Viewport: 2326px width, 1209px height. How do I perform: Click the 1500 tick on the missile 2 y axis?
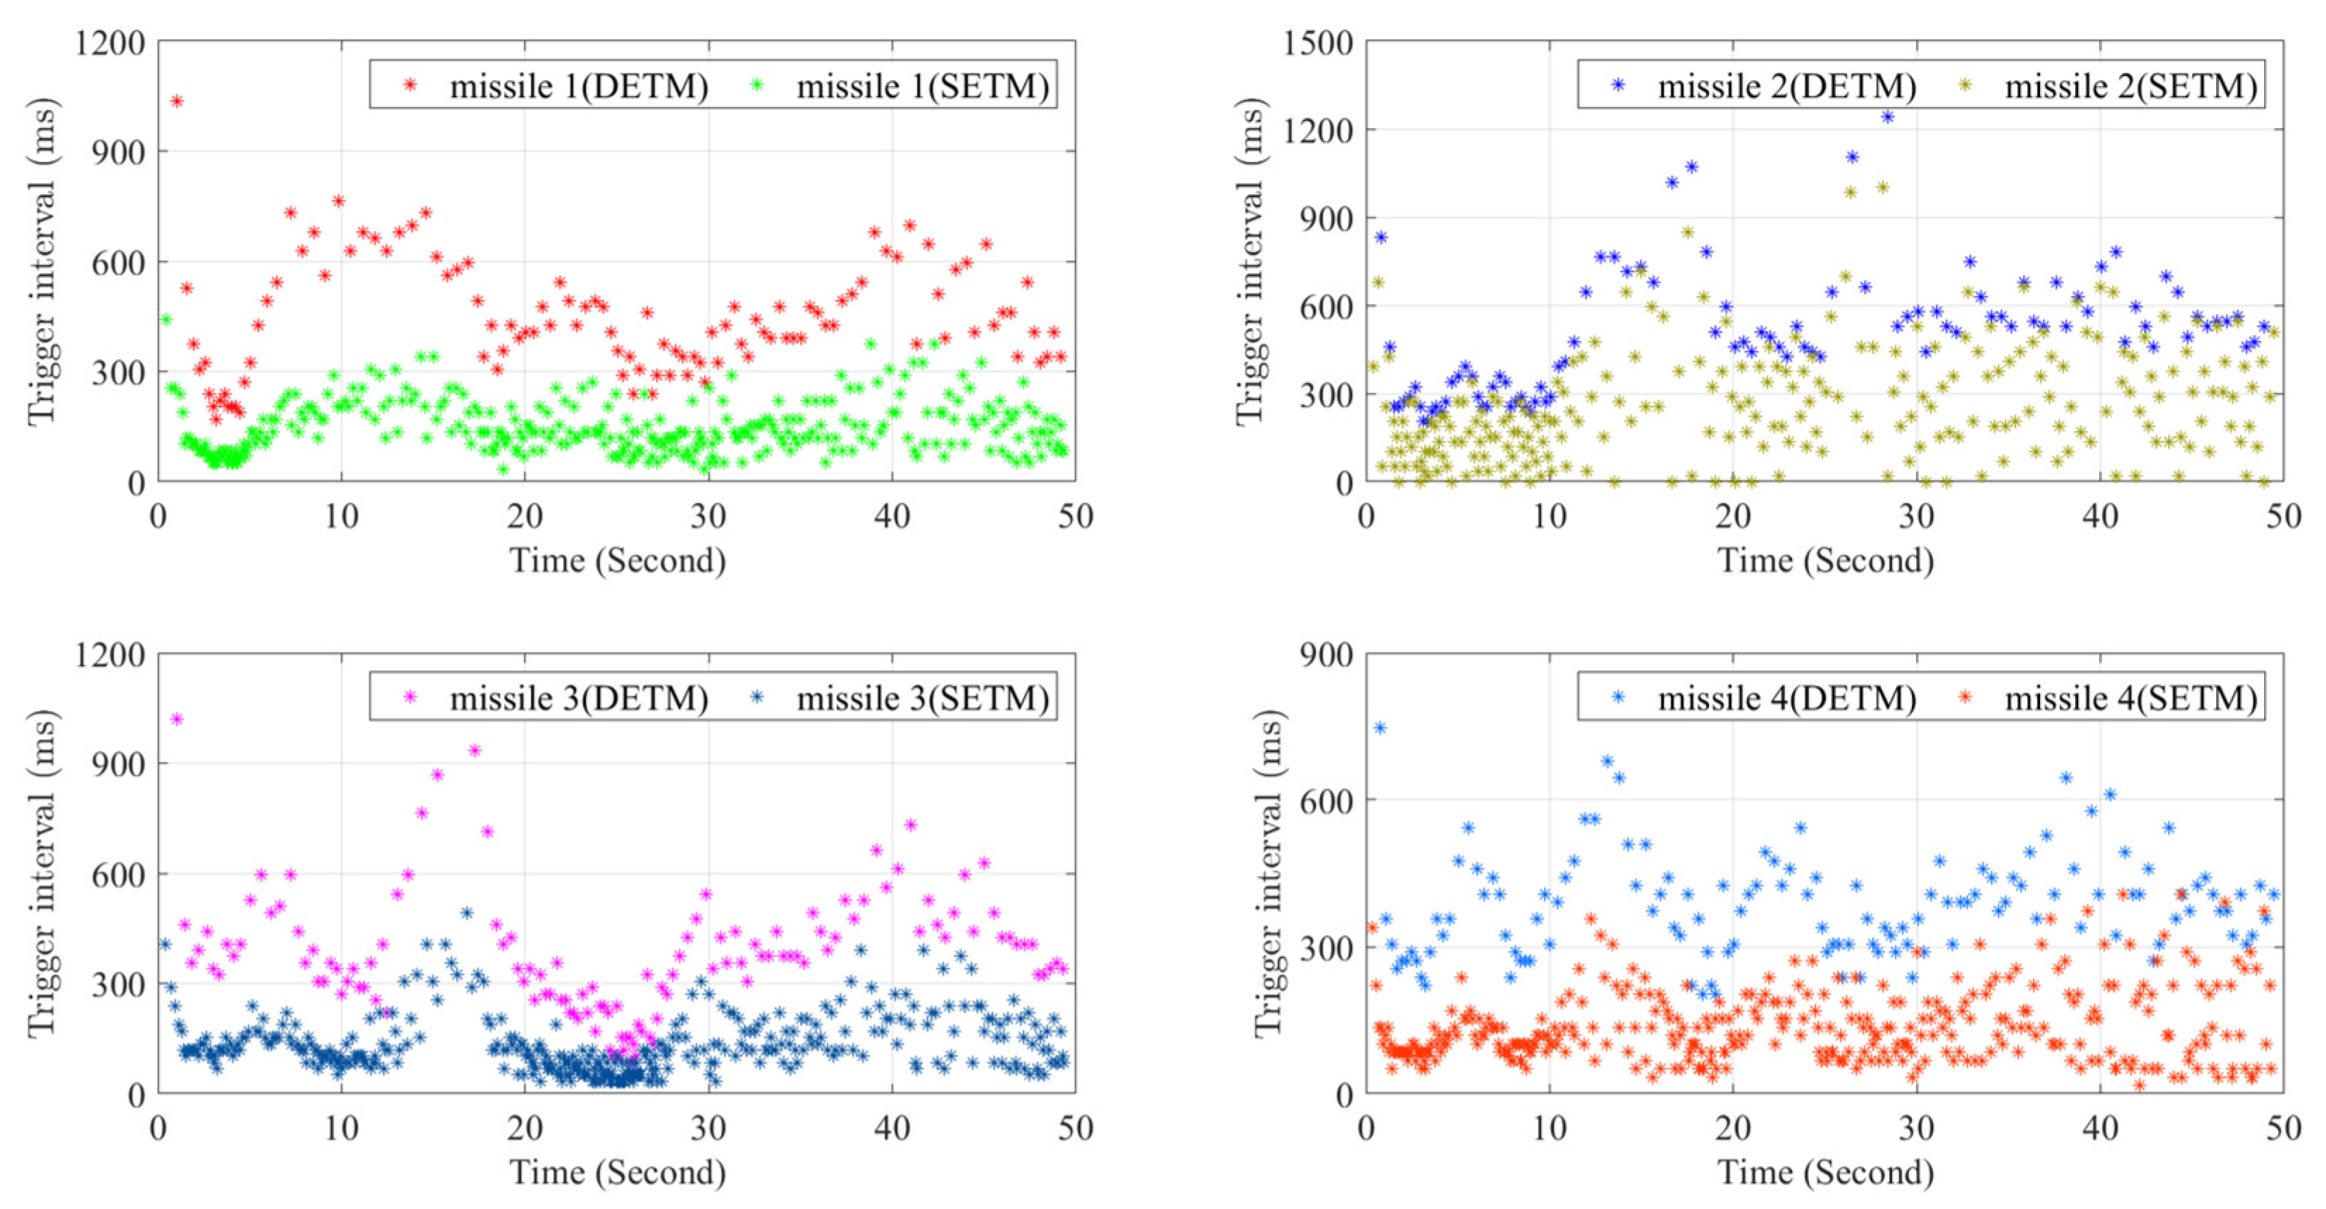(x=1317, y=42)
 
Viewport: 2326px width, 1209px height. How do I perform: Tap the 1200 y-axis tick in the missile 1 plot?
(x=109, y=42)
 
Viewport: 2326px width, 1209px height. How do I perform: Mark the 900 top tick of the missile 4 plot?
(x=1326, y=655)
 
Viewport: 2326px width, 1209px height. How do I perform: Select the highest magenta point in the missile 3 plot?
(x=177, y=720)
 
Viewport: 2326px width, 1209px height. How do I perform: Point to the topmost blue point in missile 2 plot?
(x=1887, y=116)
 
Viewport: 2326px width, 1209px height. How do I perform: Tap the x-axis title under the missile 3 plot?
(x=618, y=1172)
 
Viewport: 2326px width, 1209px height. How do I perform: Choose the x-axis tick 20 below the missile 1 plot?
(x=525, y=516)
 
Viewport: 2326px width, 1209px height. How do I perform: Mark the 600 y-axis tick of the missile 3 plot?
(x=118, y=874)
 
